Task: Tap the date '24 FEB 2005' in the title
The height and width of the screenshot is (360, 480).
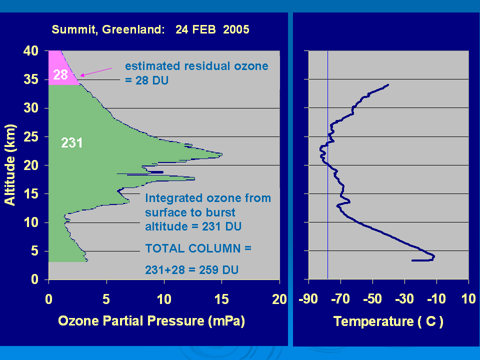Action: [x=212, y=29]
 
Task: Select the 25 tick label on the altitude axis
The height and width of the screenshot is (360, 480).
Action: [x=31, y=137]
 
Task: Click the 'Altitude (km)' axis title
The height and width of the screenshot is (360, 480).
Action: [x=10, y=164]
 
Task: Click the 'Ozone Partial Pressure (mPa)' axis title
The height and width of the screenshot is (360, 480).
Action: [x=151, y=321]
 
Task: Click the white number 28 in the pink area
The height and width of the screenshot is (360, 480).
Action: [x=60, y=74]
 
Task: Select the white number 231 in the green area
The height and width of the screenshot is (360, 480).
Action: [x=72, y=143]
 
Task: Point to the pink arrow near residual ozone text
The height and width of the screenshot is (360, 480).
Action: [x=96, y=72]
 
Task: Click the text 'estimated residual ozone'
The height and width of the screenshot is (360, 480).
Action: [x=196, y=66]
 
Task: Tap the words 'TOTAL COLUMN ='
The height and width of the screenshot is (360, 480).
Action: [x=198, y=248]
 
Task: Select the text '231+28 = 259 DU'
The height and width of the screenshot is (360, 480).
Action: [x=191, y=270]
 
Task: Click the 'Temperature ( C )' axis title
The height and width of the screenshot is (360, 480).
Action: [x=388, y=321]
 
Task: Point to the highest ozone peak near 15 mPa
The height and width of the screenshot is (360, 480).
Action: [x=221, y=154]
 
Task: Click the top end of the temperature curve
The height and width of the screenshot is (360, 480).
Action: [x=388, y=85]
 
